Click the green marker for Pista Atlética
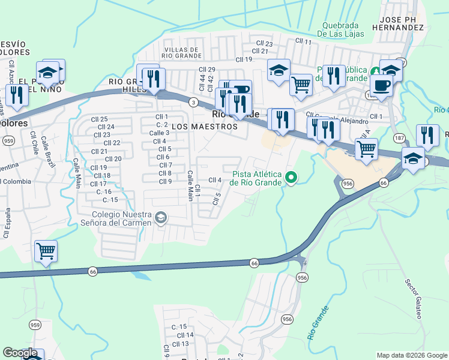(x=291, y=177)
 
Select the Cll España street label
(x=7, y=223)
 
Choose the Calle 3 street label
(x=159, y=133)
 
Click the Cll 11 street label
(x=303, y=41)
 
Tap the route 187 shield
(x=400, y=137)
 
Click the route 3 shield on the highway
(x=193, y=103)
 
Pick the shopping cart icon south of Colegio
(x=46, y=251)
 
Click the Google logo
(x=20, y=353)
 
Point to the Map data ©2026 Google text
(x=411, y=355)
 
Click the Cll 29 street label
(x=207, y=70)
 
